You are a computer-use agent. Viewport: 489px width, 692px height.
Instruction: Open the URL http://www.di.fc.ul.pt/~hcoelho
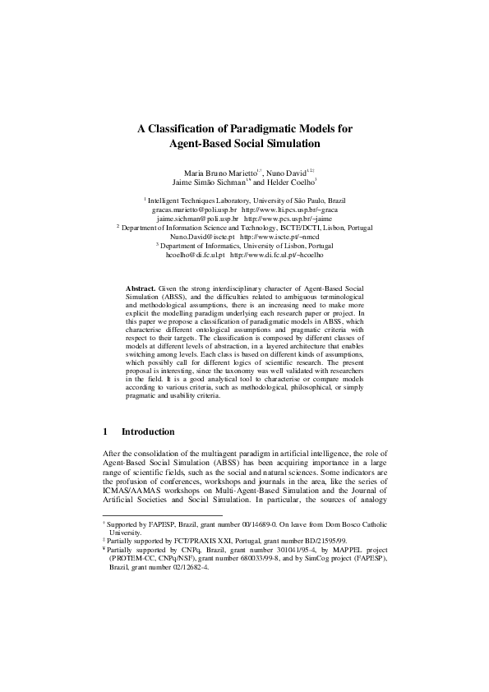pyautogui.click(x=278, y=256)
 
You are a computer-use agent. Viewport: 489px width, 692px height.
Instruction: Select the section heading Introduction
pyautogui.click(x=148, y=431)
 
